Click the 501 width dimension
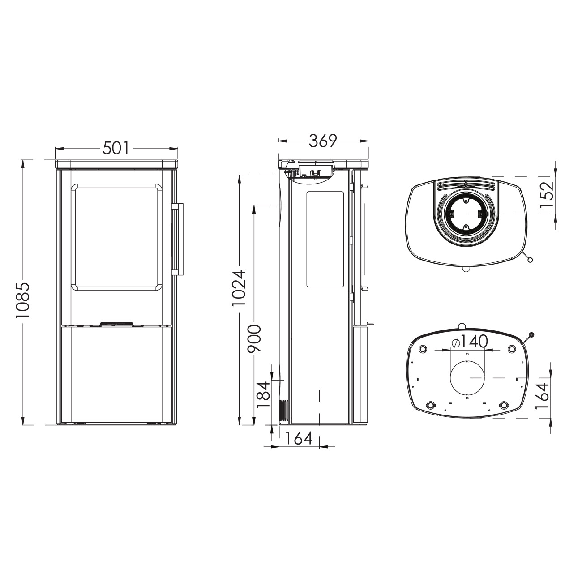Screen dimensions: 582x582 [x=116, y=148]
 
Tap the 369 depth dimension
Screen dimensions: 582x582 [x=322, y=141]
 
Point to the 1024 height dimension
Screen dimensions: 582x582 [x=239, y=288]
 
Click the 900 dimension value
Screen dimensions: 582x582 [x=254, y=338]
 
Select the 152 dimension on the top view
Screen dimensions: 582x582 [x=546, y=194]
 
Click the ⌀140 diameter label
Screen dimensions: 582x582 [x=469, y=342]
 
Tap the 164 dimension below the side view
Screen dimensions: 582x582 [x=299, y=439]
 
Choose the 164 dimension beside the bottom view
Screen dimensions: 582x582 [x=542, y=396]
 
